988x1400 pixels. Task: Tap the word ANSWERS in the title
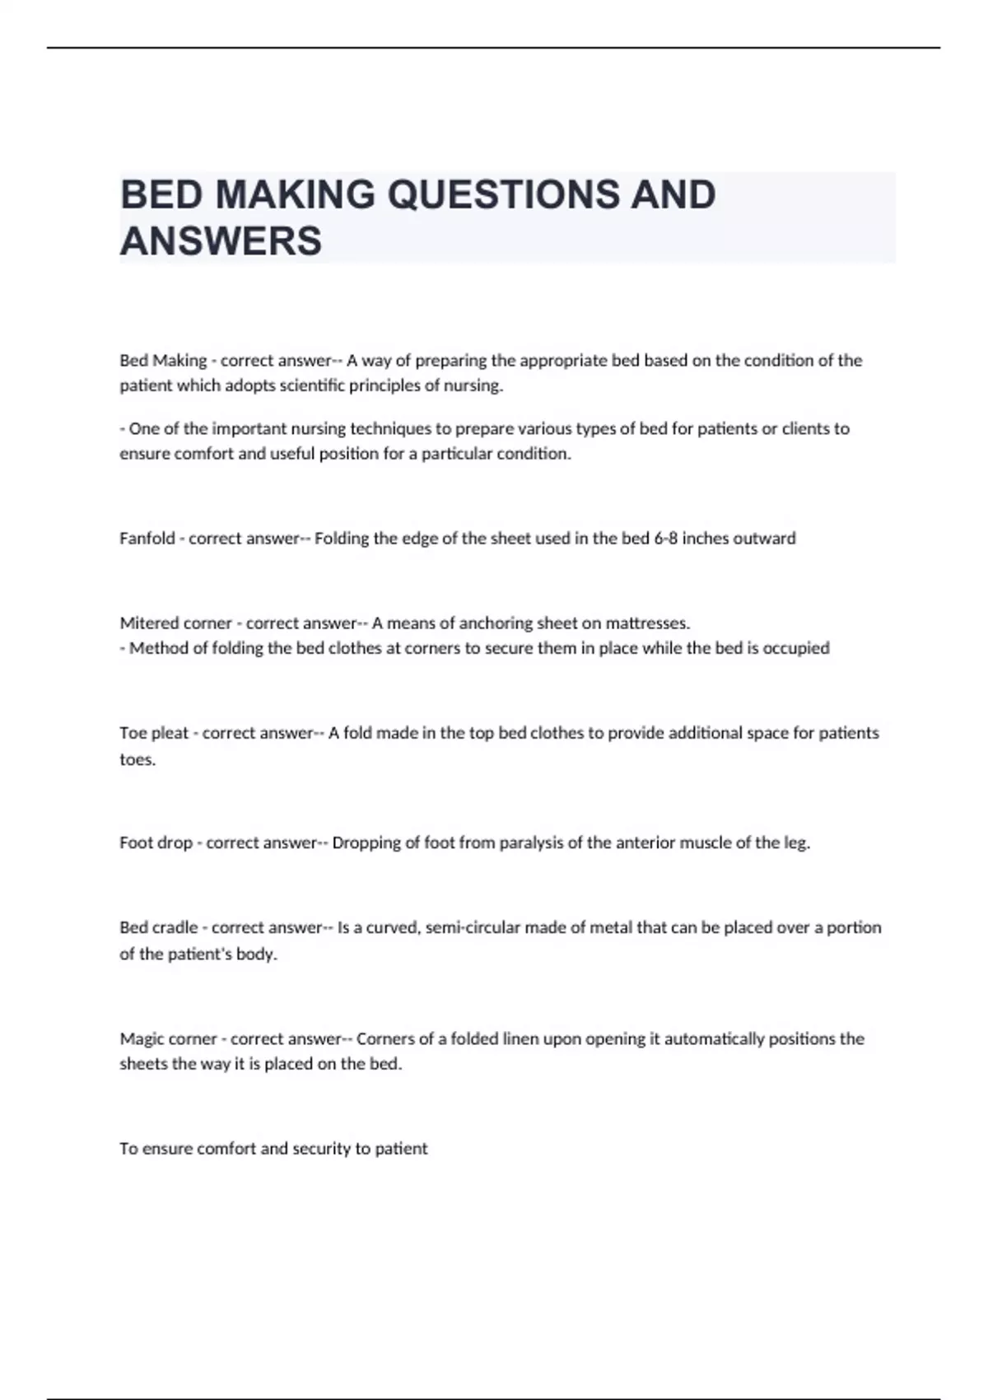tap(221, 241)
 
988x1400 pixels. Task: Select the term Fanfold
tap(147, 539)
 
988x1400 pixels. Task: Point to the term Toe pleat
tap(154, 733)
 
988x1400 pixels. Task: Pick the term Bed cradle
tap(159, 928)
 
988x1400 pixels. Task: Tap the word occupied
tap(796, 648)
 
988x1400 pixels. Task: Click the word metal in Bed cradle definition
tap(596, 928)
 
